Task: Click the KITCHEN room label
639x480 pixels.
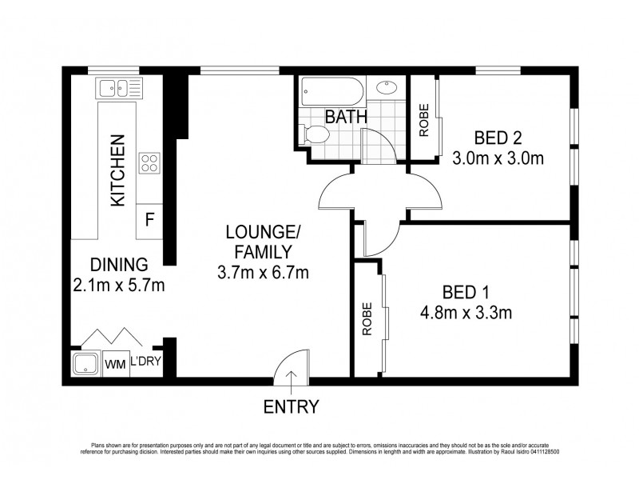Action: (x=117, y=171)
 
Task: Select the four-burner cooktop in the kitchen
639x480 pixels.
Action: (x=149, y=163)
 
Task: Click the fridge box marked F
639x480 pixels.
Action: (x=149, y=218)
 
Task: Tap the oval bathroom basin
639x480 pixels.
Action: (x=387, y=88)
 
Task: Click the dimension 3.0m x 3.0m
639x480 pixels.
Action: (x=498, y=158)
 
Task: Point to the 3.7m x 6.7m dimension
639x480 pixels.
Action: (x=263, y=272)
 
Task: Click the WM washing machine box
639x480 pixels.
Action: (x=115, y=365)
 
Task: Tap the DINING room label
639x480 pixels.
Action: (x=118, y=265)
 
